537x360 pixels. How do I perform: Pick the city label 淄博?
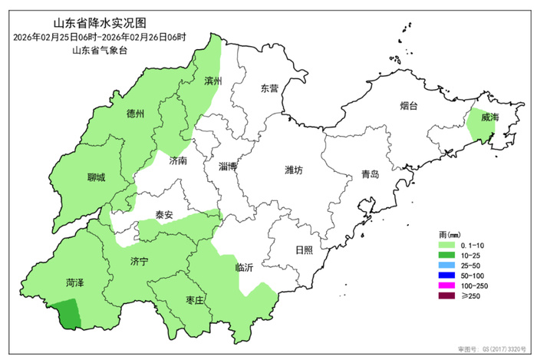pos(228,166)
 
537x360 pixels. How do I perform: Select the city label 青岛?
pos(370,174)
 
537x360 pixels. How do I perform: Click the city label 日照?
pos(305,250)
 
